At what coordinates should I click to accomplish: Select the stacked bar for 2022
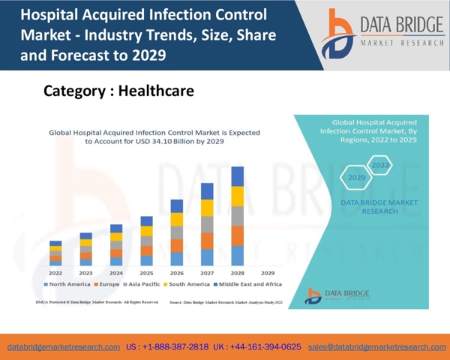click(55, 253)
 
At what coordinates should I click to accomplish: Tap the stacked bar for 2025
click(147, 241)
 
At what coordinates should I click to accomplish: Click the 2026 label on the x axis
click(177, 273)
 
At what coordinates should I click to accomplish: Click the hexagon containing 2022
click(381, 165)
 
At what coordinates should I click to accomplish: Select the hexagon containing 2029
click(356, 178)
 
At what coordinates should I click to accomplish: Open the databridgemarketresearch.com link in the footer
click(64, 347)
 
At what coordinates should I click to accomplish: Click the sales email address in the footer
click(388, 347)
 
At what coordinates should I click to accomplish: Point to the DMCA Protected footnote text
click(97, 301)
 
